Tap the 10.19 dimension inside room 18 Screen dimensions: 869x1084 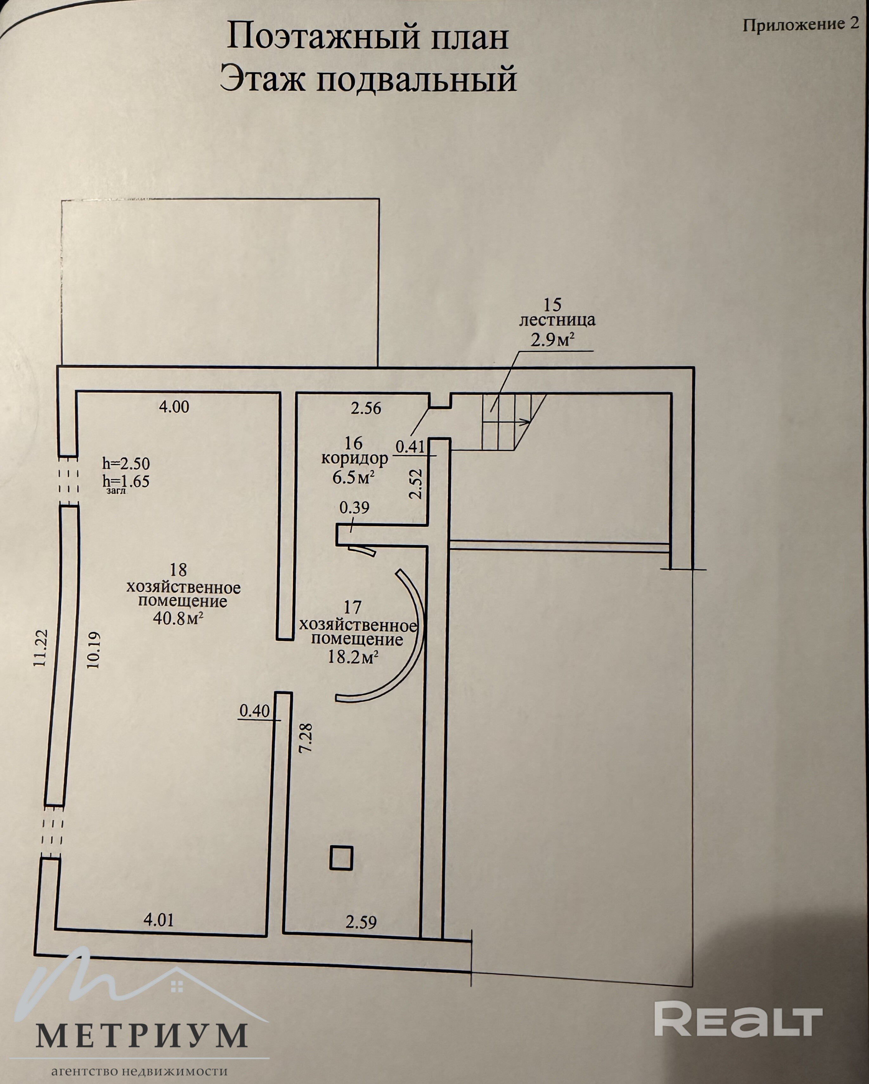(x=94, y=650)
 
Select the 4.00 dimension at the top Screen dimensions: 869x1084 (x=174, y=406)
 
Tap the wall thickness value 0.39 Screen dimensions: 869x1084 (x=354, y=507)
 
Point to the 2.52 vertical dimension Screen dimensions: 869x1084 (x=415, y=484)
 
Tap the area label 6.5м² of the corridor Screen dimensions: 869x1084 (x=353, y=477)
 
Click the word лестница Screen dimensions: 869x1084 (x=557, y=320)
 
